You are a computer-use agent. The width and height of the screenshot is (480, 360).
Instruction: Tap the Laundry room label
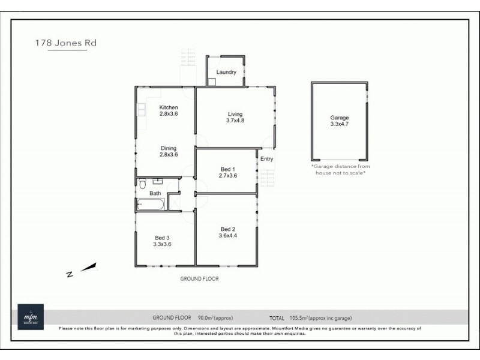[x=226, y=72]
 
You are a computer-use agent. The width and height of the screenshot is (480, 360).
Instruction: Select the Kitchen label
[x=168, y=107]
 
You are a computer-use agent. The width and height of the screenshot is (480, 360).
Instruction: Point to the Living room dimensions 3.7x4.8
[x=235, y=121]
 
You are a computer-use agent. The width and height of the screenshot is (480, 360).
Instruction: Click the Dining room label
[x=168, y=148]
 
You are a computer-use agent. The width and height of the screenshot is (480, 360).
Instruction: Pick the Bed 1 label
[x=227, y=169]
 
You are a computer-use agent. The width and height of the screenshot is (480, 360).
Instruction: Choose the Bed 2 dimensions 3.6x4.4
[x=227, y=236]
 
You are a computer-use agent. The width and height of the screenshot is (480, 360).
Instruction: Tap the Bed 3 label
[x=163, y=238]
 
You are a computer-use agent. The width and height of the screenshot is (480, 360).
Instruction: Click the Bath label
[x=155, y=193]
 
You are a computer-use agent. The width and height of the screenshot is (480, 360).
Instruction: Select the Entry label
[x=266, y=159]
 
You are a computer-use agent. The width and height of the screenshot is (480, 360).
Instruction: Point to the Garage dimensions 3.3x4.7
[x=339, y=124]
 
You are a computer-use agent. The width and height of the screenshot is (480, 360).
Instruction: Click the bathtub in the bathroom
[x=151, y=205]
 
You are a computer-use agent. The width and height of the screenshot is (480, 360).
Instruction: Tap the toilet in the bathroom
[x=142, y=184]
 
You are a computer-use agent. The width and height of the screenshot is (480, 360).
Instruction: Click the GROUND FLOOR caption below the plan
[x=199, y=279]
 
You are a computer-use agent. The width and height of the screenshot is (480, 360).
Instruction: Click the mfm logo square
[x=30, y=317]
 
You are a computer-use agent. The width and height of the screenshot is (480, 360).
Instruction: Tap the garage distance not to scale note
[x=340, y=169]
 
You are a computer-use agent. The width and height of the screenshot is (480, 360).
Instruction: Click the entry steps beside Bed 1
[x=267, y=178]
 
